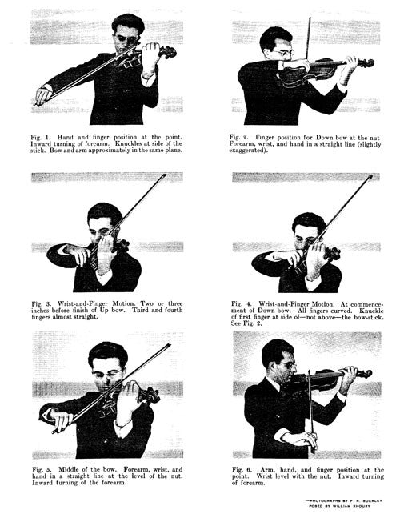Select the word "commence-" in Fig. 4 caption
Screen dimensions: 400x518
[x=367, y=304]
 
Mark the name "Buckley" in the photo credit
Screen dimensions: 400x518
[x=374, y=501]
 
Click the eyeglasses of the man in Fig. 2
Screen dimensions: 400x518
[x=282, y=53]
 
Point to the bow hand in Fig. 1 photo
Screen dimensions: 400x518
[x=43, y=96]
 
